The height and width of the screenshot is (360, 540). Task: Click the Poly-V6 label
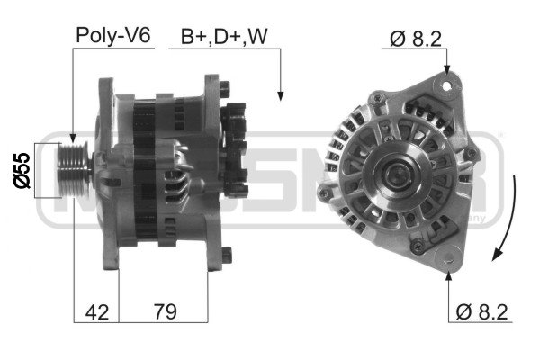pos(113,36)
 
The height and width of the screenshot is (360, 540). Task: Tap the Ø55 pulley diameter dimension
pos(22,169)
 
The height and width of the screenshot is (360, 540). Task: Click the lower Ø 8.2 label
pos(481,312)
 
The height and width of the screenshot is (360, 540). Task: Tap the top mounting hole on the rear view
pos(445,85)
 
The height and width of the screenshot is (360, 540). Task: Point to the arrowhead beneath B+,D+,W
pos(281,94)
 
